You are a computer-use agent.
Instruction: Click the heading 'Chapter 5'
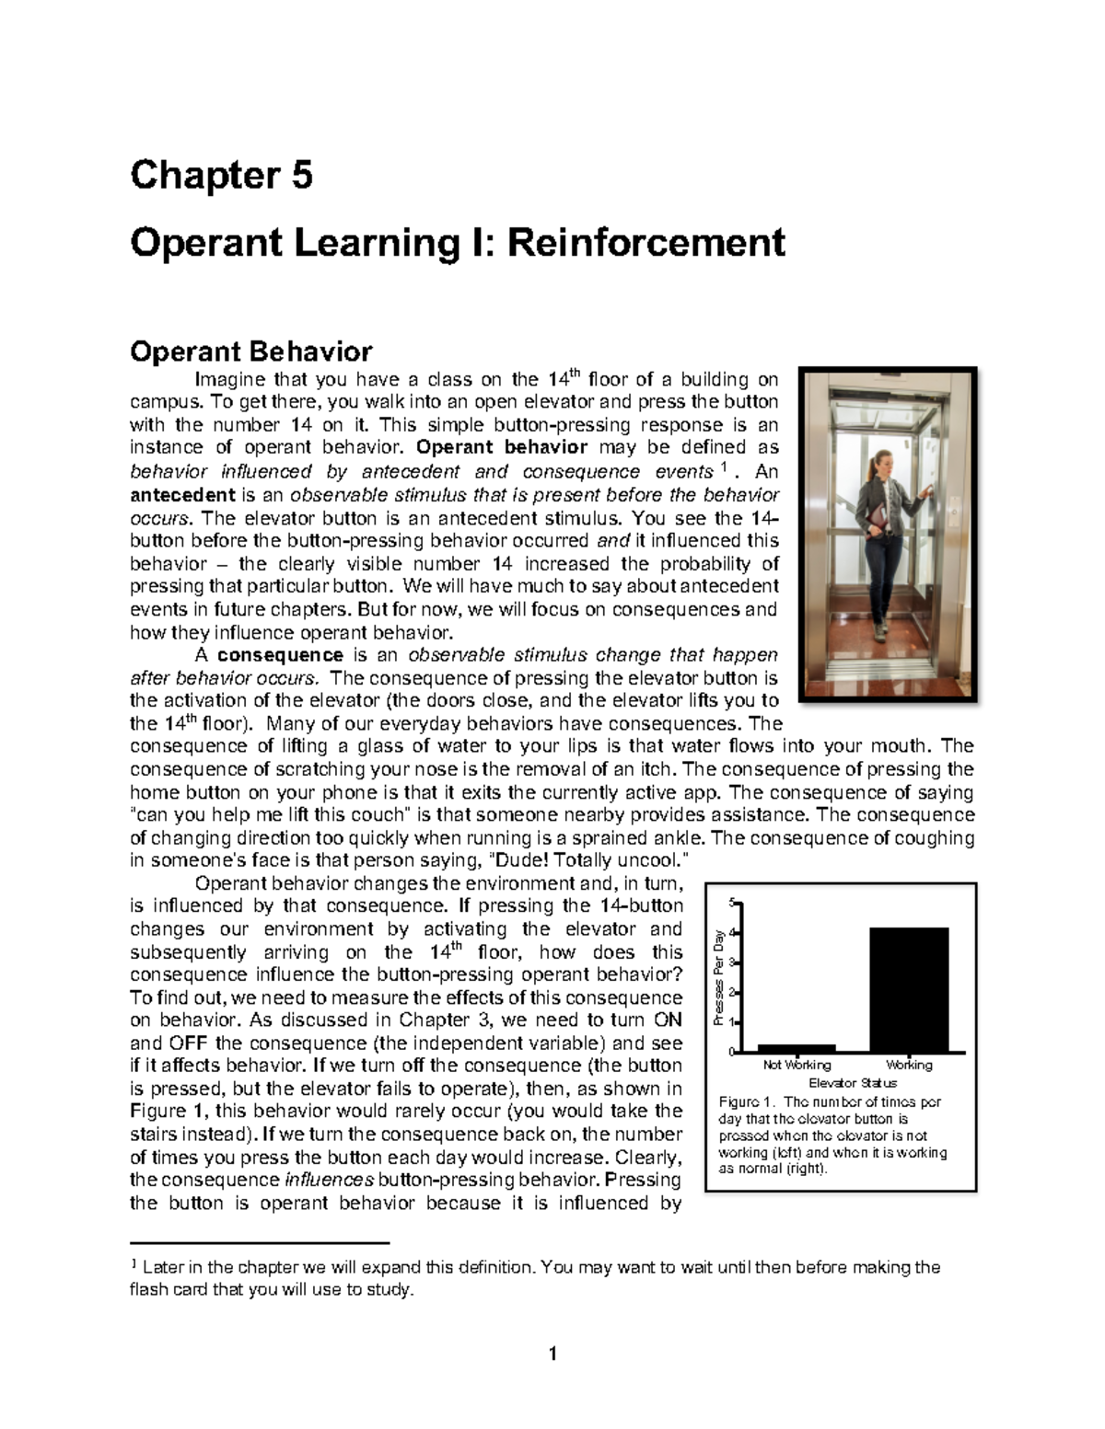pyautogui.click(x=221, y=175)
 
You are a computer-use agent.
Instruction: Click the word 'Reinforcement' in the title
pyautogui.click(x=646, y=243)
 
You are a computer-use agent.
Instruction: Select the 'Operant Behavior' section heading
pyautogui.click(x=250, y=351)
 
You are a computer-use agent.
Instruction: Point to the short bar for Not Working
pyautogui.click(x=796, y=1047)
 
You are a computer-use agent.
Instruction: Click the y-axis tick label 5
pyautogui.click(x=732, y=902)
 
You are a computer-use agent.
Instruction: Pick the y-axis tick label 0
pyautogui.click(x=732, y=1052)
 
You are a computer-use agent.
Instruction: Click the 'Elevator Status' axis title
pyautogui.click(x=852, y=1083)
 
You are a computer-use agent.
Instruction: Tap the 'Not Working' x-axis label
pyautogui.click(x=797, y=1065)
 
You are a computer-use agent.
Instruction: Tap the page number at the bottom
pyautogui.click(x=552, y=1354)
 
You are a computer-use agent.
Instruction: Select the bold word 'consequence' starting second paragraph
pyautogui.click(x=280, y=655)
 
